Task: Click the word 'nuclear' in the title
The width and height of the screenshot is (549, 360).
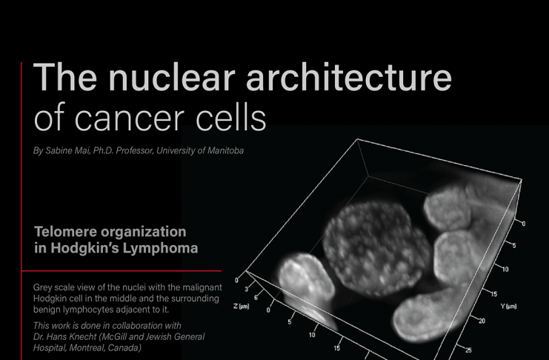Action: [172, 77]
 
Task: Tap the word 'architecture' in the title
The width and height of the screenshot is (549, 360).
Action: [349, 77]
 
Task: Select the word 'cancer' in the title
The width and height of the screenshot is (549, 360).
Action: [129, 118]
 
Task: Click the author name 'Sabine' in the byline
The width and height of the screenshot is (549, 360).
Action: [58, 150]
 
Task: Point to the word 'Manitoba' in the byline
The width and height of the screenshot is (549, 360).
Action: [225, 150]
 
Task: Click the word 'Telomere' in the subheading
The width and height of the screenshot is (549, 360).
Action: [65, 232]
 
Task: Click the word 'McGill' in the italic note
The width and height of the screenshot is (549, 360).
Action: [106, 337]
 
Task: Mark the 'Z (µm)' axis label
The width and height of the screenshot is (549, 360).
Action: [242, 306]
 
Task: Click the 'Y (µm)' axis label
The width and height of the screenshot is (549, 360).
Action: [508, 306]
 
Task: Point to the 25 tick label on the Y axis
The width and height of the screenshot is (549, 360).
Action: [468, 350]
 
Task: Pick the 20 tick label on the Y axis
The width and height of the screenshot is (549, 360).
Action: [482, 321]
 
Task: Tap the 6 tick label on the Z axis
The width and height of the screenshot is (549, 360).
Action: [256, 298]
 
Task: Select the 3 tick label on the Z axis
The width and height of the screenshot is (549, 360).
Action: [247, 290]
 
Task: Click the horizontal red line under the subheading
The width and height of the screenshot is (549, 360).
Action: [122, 270]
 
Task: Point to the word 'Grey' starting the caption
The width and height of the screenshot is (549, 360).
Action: [41, 287]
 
